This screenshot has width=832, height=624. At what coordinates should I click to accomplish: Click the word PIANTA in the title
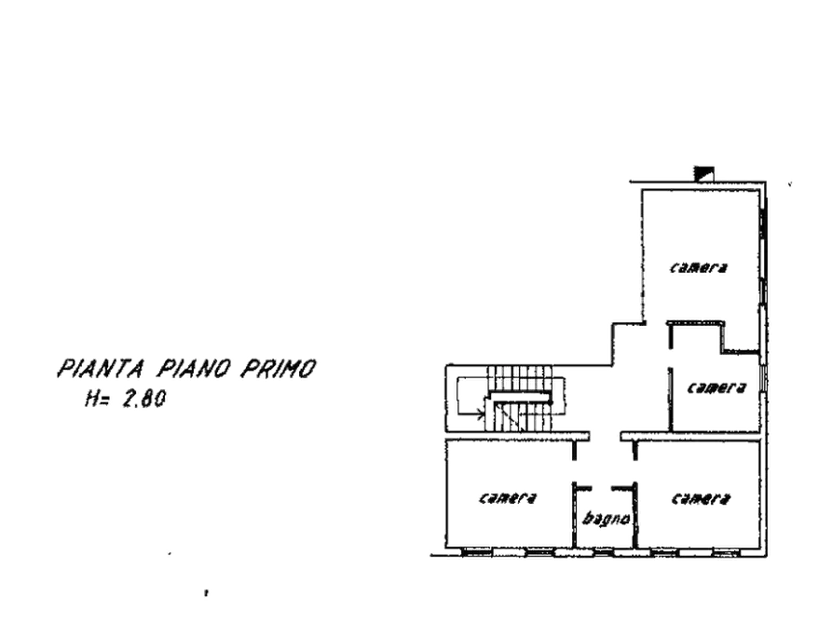[101, 368]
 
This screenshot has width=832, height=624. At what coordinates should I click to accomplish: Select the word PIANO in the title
[194, 368]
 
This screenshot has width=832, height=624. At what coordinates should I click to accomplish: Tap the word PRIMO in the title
[279, 368]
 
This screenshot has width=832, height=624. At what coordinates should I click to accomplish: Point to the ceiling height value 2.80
[143, 399]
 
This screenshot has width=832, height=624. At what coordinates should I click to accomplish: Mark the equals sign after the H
[105, 400]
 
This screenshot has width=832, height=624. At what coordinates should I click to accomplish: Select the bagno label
[606, 519]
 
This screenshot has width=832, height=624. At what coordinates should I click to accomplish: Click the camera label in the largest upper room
[698, 267]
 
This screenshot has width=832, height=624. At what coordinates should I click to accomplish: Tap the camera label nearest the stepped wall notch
[716, 387]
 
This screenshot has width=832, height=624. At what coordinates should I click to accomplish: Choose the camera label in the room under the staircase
[508, 497]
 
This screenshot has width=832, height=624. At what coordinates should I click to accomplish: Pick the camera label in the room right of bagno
[701, 498]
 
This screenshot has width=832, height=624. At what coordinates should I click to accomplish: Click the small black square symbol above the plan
[704, 173]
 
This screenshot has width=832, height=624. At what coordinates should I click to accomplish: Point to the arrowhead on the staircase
[481, 413]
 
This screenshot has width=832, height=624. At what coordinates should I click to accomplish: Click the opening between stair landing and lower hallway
[605, 436]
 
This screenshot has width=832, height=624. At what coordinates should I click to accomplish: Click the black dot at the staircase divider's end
[552, 402]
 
